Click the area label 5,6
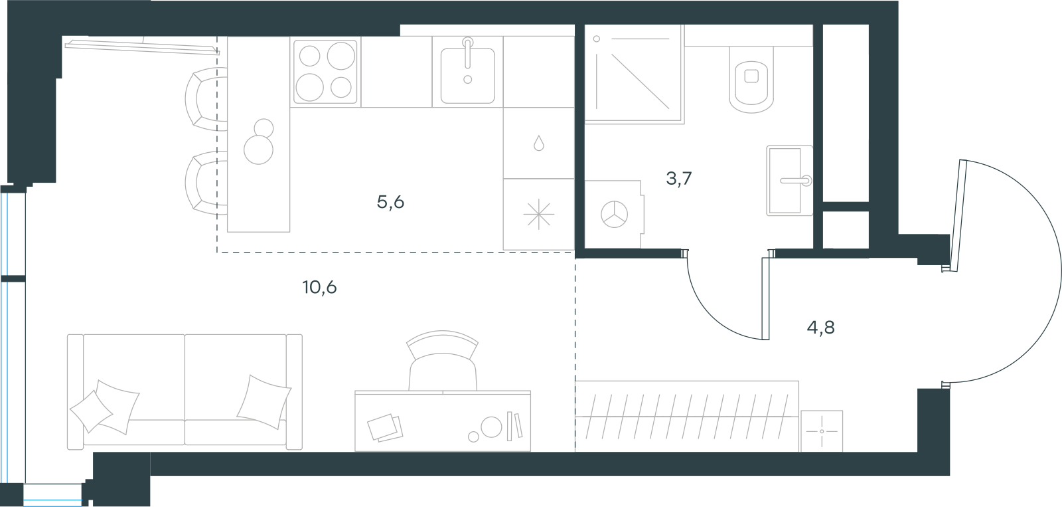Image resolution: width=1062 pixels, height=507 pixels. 390,203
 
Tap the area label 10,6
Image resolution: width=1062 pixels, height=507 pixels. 319,287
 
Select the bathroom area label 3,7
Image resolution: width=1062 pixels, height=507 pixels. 679,179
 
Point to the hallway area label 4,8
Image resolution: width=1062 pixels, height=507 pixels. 820,327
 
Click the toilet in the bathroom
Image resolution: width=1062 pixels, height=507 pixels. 751,80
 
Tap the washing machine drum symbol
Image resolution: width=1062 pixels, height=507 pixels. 615,215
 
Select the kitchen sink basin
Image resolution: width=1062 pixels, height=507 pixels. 467,75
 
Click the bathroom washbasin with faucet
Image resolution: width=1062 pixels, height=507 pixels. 789,180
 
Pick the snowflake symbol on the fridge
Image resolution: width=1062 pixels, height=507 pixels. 538,214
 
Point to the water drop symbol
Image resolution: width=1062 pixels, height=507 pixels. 538,143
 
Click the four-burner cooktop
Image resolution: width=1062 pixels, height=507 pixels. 325,72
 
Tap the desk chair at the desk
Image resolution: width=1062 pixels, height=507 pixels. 442,361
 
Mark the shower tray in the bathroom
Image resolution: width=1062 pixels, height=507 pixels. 635,74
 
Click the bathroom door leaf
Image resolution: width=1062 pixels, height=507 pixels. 765,298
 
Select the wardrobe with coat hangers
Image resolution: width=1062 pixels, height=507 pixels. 687,417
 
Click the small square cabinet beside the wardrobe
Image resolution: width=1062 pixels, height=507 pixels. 822,431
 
